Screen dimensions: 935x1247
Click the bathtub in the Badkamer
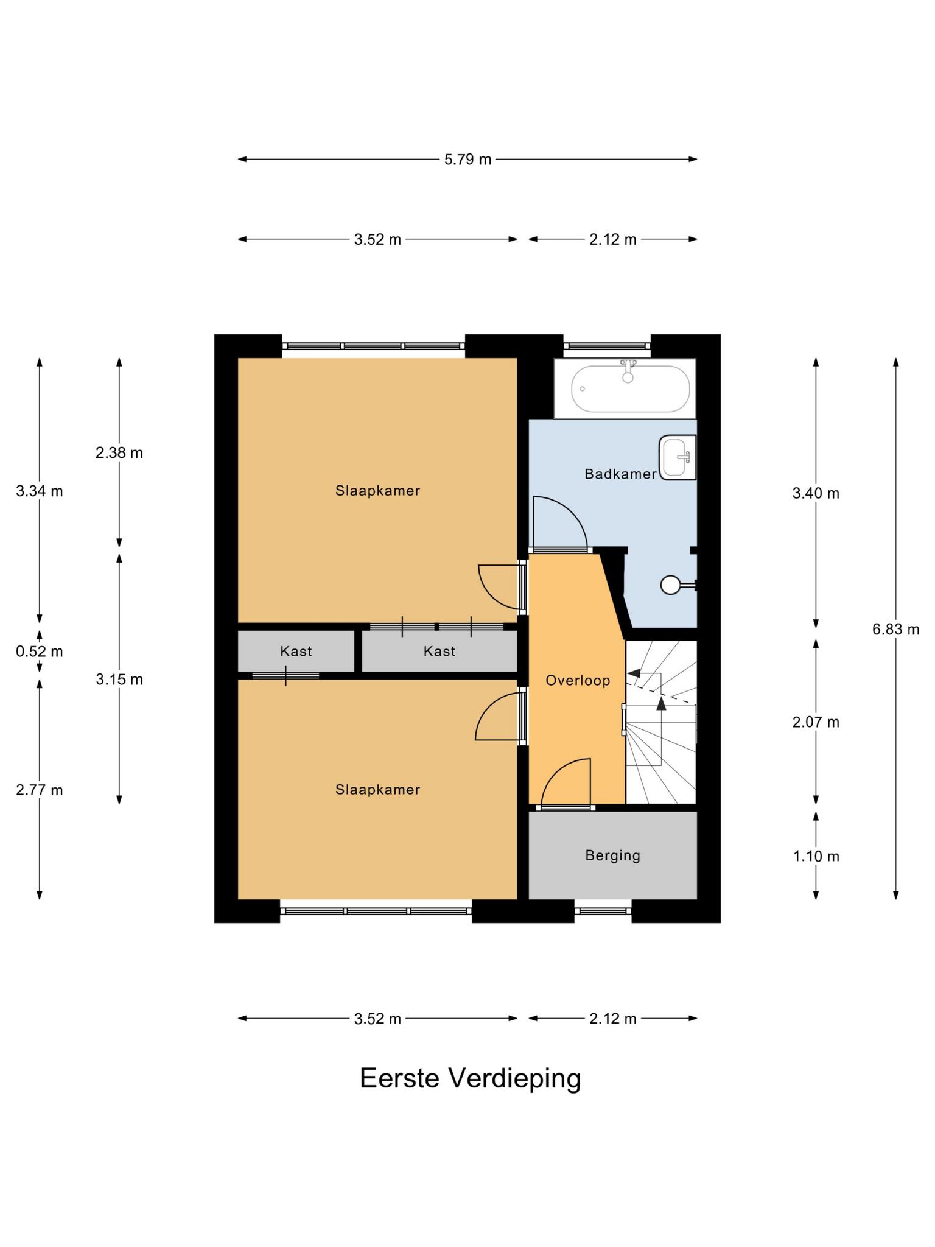pyautogui.click(x=625, y=388)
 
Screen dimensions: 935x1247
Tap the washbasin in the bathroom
pyautogui.click(x=678, y=457)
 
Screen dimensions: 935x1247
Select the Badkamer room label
pyautogui.click(x=620, y=474)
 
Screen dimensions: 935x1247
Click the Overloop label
pyautogui.click(x=578, y=680)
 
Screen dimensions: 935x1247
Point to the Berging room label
pyautogui.click(x=613, y=855)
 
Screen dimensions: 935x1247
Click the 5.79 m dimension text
pyautogui.click(x=467, y=160)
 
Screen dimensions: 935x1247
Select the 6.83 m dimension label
pyautogui.click(x=895, y=629)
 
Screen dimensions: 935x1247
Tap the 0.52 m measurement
pyautogui.click(x=40, y=652)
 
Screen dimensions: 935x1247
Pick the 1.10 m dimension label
pyautogui.click(x=816, y=856)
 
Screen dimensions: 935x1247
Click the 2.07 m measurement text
pyautogui.click(x=816, y=722)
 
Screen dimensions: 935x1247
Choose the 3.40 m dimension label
pyautogui.click(x=816, y=493)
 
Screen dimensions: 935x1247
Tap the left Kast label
pyautogui.click(x=296, y=651)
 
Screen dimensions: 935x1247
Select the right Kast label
pyautogui.click(x=439, y=651)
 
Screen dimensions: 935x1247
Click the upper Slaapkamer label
pyautogui.click(x=377, y=491)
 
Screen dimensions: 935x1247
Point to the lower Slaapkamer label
pyautogui.click(x=377, y=790)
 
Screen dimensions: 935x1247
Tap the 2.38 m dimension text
pyautogui.click(x=119, y=453)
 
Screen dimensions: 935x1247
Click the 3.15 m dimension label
pyautogui.click(x=119, y=679)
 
